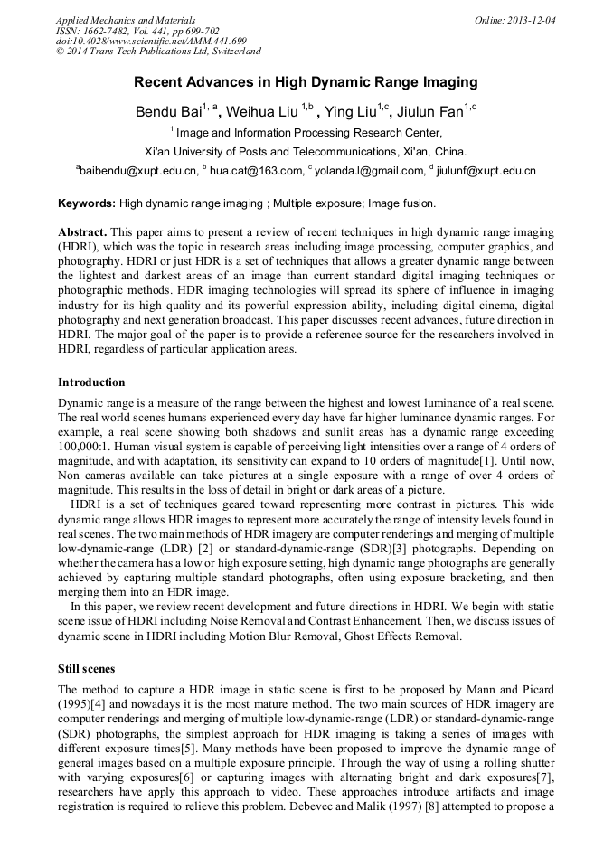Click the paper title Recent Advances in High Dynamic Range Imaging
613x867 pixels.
pos(306,82)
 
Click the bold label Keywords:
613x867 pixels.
pos(87,203)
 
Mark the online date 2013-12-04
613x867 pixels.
pos(533,19)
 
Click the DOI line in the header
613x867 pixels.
pos(151,41)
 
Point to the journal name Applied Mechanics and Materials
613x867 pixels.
pos(125,19)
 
